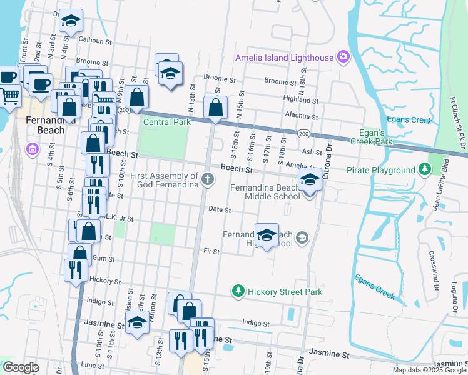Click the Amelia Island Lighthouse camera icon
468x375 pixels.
click(343, 57)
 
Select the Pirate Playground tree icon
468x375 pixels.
click(425, 169)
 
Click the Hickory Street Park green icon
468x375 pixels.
click(238, 291)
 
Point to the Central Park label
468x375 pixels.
click(167, 122)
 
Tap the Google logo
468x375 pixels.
click(21, 367)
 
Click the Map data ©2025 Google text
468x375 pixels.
click(429, 370)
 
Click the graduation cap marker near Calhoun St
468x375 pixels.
click(71, 21)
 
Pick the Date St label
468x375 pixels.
click(220, 210)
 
